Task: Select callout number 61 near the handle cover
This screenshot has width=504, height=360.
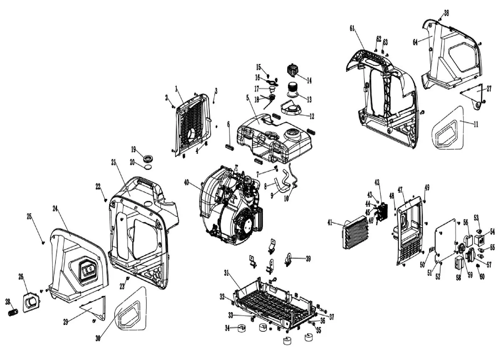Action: click(352, 29)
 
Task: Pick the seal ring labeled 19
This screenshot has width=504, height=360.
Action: click(147, 158)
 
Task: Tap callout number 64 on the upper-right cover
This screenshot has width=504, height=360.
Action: click(415, 42)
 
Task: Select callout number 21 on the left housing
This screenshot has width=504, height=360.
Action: click(114, 162)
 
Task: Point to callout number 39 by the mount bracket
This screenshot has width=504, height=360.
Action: click(308, 258)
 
